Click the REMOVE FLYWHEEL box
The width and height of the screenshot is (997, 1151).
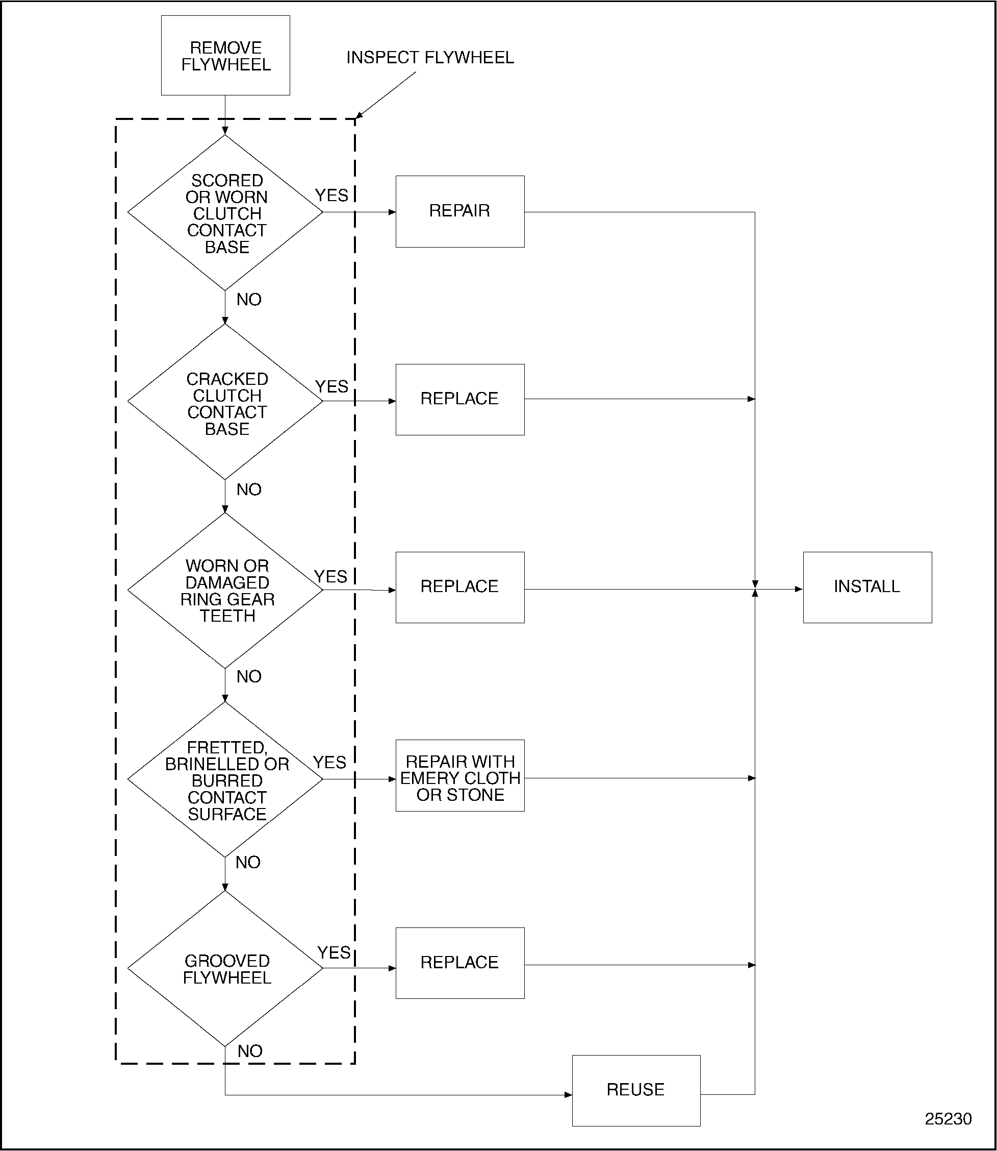click(225, 56)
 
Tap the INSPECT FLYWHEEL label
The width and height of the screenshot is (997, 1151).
click(429, 58)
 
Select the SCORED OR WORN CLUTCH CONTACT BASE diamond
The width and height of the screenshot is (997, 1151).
click(225, 213)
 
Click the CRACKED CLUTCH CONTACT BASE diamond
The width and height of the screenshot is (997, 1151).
click(225, 402)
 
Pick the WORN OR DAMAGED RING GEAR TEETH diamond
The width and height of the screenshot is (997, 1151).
click(225, 590)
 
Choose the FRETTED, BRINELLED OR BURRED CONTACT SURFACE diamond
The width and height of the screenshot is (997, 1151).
click(225, 779)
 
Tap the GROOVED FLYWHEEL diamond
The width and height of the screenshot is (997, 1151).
click(225, 968)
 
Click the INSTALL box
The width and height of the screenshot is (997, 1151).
click(867, 587)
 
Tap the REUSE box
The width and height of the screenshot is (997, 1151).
click(635, 1090)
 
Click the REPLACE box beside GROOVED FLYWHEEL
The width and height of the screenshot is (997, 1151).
click(459, 963)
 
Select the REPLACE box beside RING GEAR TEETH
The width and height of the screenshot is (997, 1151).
click(459, 587)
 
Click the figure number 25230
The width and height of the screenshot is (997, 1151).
click(948, 1119)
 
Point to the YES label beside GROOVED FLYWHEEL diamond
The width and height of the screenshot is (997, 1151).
click(333, 953)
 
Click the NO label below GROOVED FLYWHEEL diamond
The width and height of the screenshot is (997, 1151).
click(249, 1051)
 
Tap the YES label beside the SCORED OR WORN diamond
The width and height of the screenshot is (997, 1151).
click(331, 195)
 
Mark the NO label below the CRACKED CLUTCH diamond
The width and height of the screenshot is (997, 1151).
click(248, 489)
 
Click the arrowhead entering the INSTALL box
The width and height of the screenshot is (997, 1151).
click(799, 589)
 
